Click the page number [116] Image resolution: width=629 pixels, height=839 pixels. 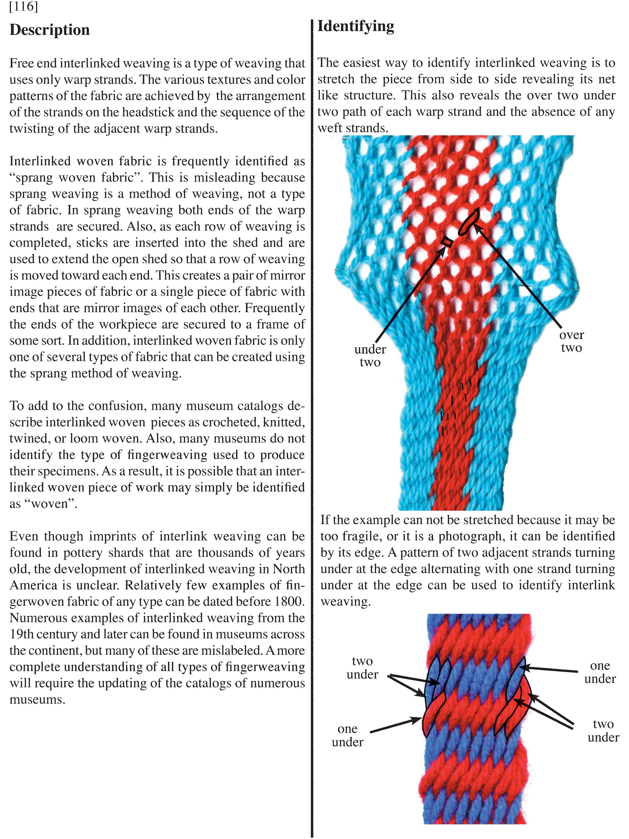tap(23, 7)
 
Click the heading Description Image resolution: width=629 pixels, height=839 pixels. tap(50, 30)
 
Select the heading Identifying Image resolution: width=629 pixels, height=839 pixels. tap(356, 27)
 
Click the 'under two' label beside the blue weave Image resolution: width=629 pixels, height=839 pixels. tap(370, 355)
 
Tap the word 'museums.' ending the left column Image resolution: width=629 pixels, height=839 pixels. tap(37, 699)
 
